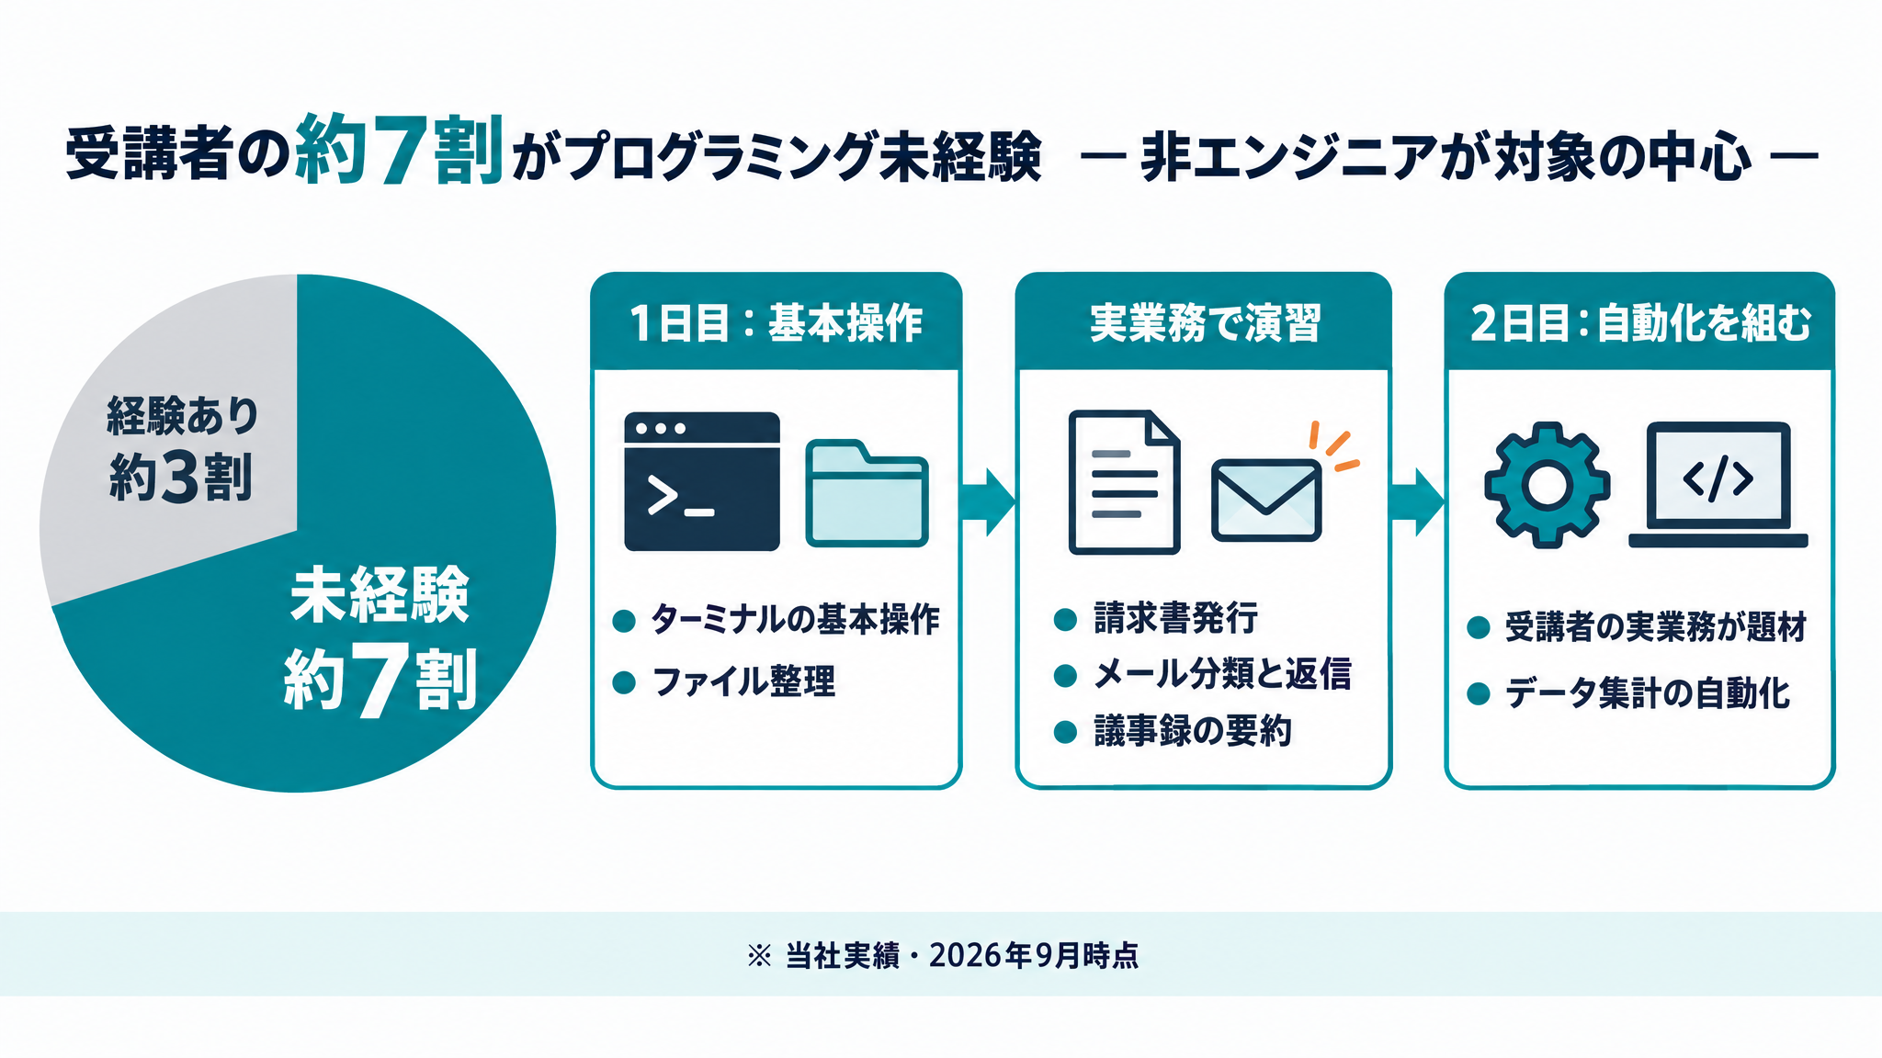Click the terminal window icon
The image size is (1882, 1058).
[x=702, y=481]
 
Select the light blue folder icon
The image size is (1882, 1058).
[x=867, y=494]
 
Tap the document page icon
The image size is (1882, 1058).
[x=1124, y=482]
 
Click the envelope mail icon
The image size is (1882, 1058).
[x=1266, y=500]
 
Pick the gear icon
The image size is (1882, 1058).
[x=1548, y=485]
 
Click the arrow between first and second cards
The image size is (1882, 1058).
[x=988, y=501]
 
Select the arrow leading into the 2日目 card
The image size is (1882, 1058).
[x=1417, y=501]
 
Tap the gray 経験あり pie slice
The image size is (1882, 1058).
[x=175, y=441]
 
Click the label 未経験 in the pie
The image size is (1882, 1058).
[x=380, y=596]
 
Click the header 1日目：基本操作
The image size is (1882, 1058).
[x=777, y=323]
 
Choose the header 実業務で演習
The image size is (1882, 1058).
[x=1205, y=323]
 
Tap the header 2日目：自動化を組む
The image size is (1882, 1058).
[x=1640, y=323]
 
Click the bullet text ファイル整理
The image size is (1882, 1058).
[x=744, y=682]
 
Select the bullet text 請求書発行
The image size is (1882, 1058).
[x=1175, y=618]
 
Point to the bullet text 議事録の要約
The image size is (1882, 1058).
[x=1193, y=731]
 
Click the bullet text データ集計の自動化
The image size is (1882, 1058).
[x=1648, y=693]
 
